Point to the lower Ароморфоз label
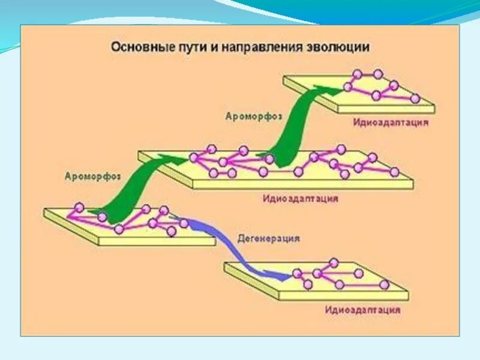tap(93, 176)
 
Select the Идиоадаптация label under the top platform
tap(391, 122)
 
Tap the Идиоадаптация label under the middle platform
tap(300, 198)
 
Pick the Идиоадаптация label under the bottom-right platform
tap(363, 310)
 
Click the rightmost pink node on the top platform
tap(415, 98)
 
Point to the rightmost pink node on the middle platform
tap(394, 172)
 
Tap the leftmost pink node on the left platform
tap(78, 208)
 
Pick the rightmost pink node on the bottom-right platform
tap(383, 285)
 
